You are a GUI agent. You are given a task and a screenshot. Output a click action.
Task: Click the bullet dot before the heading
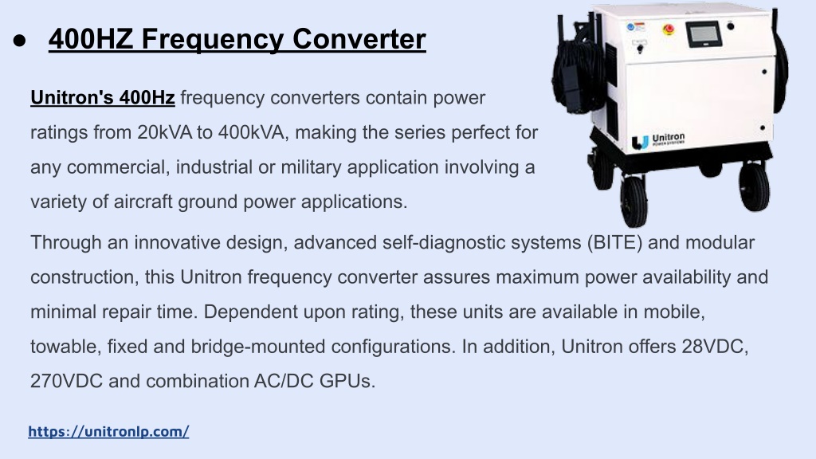click(20, 41)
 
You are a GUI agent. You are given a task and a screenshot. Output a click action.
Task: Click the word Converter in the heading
click(359, 39)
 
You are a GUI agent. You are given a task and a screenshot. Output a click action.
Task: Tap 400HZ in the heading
click(91, 39)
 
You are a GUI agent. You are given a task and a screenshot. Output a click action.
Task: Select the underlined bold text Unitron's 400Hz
click(103, 98)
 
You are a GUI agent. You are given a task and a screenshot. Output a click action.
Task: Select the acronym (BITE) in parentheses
click(614, 243)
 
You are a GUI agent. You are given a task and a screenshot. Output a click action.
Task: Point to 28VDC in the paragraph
click(715, 347)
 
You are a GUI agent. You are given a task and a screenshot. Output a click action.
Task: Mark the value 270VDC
click(67, 382)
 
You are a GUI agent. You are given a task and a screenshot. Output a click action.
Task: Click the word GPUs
click(347, 382)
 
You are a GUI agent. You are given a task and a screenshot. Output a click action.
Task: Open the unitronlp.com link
click(108, 431)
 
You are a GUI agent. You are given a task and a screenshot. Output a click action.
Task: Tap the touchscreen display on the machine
click(704, 35)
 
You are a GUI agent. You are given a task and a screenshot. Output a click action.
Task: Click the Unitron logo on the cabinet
click(658, 140)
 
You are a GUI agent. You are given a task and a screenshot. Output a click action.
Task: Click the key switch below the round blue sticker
click(640, 48)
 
